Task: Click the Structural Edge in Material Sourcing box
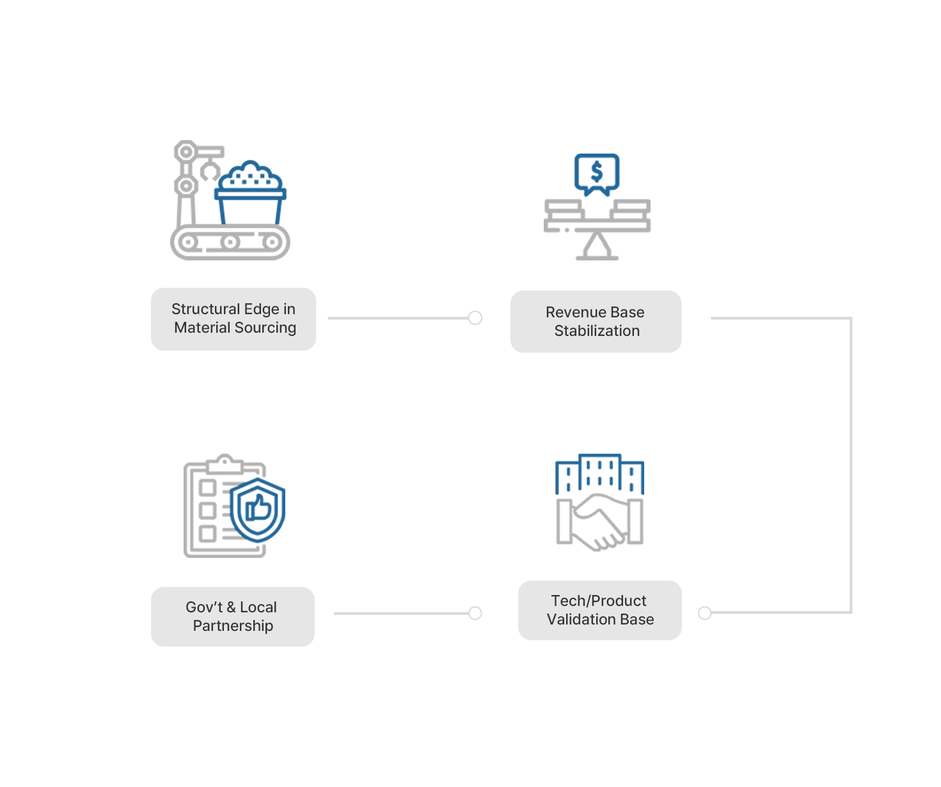click(x=233, y=319)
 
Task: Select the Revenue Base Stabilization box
click(x=596, y=321)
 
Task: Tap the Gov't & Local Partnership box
click(x=233, y=616)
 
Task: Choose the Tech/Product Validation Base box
click(x=599, y=610)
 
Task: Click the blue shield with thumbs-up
click(x=257, y=510)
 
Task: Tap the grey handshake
click(x=599, y=522)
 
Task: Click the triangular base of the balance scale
click(x=597, y=246)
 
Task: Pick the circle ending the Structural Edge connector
click(x=475, y=318)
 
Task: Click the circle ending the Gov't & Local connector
click(x=475, y=613)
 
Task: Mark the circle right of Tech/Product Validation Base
click(x=704, y=613)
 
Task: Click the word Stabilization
click(x=597, y=331)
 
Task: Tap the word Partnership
click(x=233, y=626)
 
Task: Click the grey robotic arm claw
click(x=210, y=171)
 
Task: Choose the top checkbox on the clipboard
click(x=207, y=488)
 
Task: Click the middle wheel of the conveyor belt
click(x=230, y=242)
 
